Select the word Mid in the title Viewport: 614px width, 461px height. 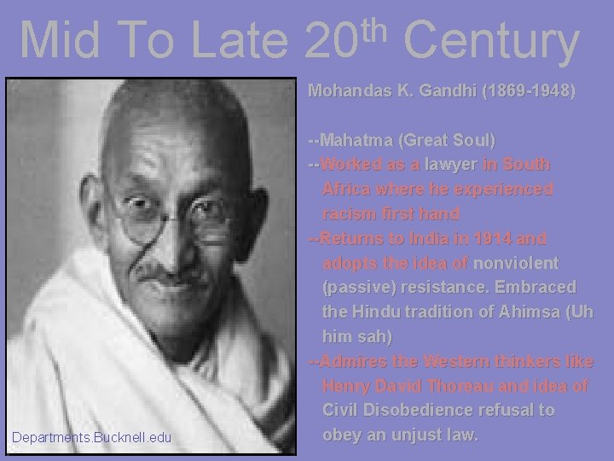(55, 40)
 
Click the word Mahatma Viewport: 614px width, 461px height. (357, 139)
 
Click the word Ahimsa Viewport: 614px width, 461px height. (524, 312)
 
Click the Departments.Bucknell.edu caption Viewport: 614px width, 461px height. (91, 439)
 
